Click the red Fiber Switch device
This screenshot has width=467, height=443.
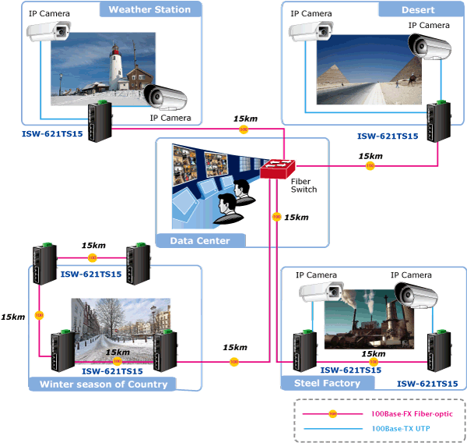coord(278,169)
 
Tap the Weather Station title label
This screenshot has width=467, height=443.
coord(149,9)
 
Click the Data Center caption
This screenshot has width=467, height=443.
coord(200,240)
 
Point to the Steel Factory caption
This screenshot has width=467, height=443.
coord(327,383)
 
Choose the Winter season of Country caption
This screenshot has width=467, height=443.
coord(104,384)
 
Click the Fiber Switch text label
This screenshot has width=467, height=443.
coord(304,185)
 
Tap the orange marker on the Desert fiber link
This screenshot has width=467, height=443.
coord(370,165)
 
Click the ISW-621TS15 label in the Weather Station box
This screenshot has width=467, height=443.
coord(51,134)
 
